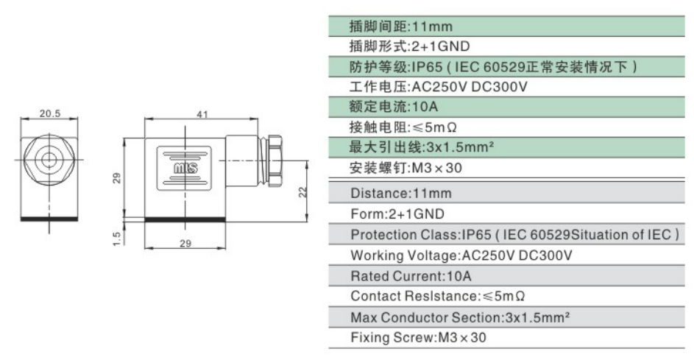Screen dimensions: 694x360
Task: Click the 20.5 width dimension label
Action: click(49, 113)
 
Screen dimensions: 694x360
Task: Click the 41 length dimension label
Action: click(202, 114)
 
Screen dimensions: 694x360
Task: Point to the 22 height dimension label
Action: click(302, 192)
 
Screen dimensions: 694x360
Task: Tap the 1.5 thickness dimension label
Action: click(117, 239)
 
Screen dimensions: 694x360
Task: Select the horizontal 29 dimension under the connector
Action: click(185, 243)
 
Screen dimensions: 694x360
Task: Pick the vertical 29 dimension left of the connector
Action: click(116, 178)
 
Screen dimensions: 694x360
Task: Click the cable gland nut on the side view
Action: click(275, 160)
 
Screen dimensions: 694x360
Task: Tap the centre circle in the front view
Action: click(49, 160)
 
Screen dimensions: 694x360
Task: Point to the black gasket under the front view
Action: click(49, 219)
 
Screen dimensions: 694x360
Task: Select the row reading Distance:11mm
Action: click(401, 194)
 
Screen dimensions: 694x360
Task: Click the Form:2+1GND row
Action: click(397, 214)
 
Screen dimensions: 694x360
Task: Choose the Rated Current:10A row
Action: click(411, 276)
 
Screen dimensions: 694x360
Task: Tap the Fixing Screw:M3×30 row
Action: click(418, 337)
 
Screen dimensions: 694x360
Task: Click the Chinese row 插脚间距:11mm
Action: click(401, 26)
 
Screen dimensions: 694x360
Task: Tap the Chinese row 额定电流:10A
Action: click(394, 107)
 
